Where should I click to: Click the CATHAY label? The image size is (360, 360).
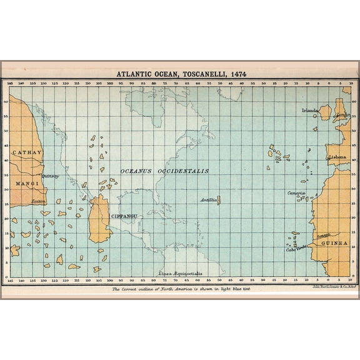coord(26,152)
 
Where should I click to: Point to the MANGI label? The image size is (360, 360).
coord(25,184)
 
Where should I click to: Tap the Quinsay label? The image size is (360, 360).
coord(50,176)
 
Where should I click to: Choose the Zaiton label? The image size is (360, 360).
coord(38,201)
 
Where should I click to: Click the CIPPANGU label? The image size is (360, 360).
coord(124,216)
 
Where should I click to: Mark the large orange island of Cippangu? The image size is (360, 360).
coord(98,219)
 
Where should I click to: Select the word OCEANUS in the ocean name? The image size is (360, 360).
coord(137,171)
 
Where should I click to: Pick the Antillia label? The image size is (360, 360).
coord(208,200)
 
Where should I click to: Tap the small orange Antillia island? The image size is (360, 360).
coord(218,200)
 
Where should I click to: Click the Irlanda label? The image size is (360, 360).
coord(310,111)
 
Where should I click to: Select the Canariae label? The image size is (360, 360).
coord(296,194)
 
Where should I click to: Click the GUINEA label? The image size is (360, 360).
coord(334,242)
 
